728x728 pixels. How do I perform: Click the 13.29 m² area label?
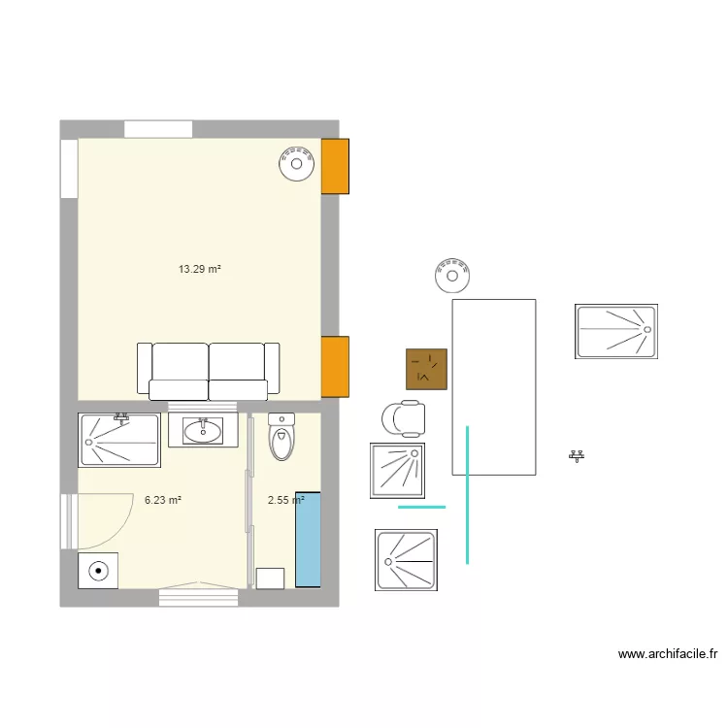(x=200, y=270)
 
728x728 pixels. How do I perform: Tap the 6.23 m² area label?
(x=163, y=501)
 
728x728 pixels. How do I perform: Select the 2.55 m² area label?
(x=285, y=501)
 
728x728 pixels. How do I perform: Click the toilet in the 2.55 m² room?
(x=281, y=438)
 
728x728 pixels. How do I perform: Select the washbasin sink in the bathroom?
(x=203, y=430)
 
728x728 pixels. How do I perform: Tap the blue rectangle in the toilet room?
(x=308, y=544)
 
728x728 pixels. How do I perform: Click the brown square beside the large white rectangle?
(x=426, y=369)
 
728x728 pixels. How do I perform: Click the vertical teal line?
(x=468, y=495)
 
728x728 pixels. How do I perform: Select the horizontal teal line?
(x=422, y=507)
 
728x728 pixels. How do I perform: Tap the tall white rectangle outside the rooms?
(x=493, y=386)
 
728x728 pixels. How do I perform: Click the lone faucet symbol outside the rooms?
(x=578, y=455)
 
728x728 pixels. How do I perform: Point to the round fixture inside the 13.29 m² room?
(x=296, y=163)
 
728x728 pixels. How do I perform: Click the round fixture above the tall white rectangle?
(x=452, y=275)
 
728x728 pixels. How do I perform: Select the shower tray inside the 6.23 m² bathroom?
(x=118, y=440)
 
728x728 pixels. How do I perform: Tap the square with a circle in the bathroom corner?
(x=98, y=571)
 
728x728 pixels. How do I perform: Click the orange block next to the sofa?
(x=335, y=366)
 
